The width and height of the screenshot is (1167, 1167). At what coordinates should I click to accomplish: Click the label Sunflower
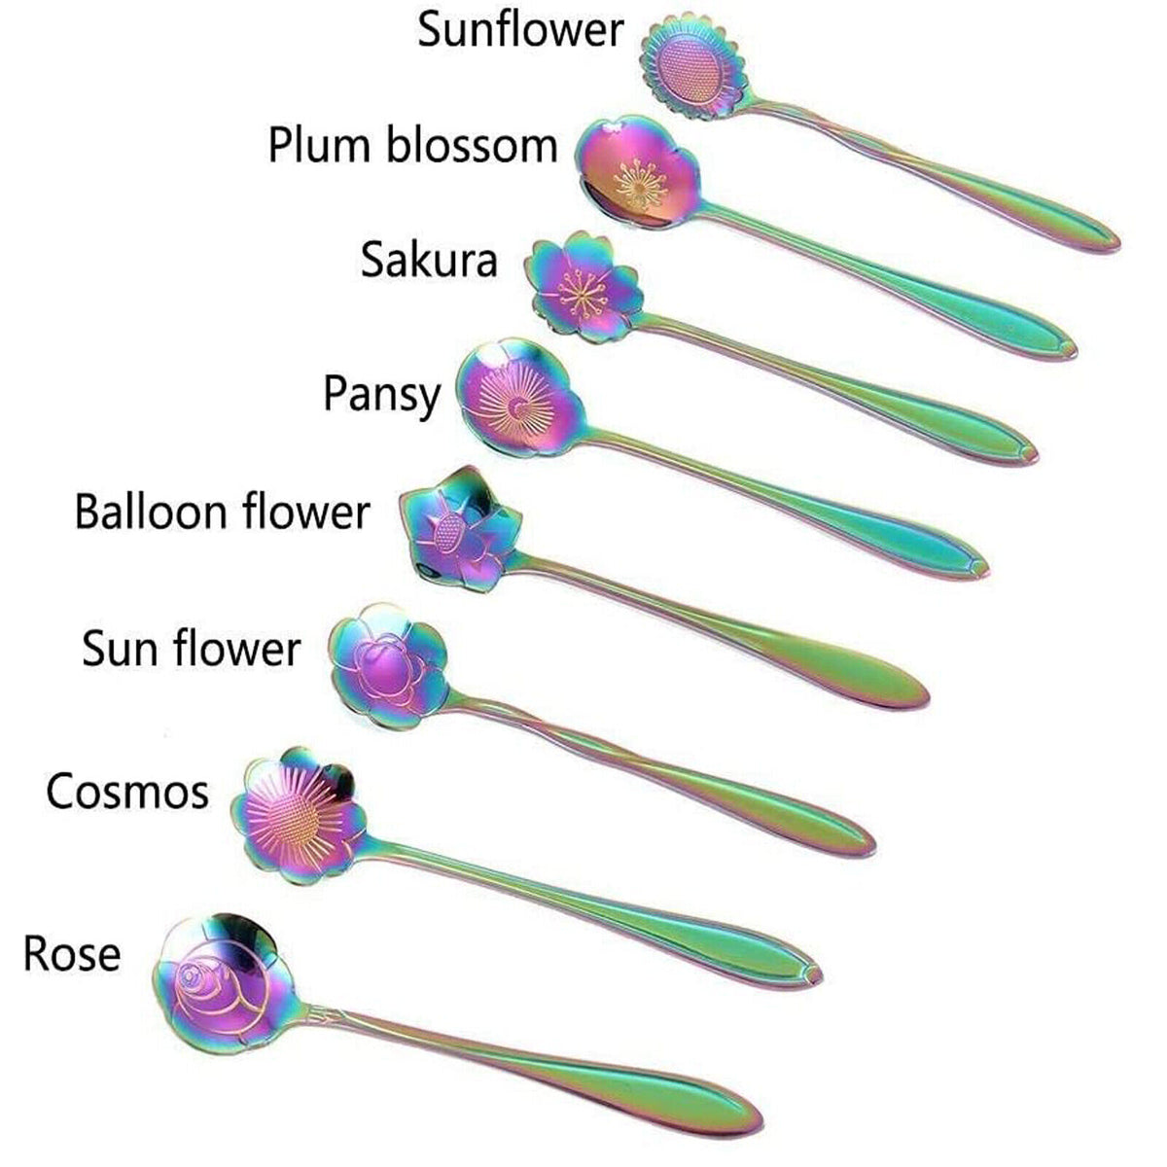pos(519,30)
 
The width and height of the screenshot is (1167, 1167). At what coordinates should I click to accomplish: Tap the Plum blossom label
pos(412,146)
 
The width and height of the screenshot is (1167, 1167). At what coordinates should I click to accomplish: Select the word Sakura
pos(428,260)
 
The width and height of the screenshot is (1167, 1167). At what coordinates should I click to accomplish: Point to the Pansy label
pos(381,396)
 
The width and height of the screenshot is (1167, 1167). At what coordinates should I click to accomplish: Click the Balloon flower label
pos(222,512)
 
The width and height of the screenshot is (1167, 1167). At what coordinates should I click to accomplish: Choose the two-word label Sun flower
pos(191,649)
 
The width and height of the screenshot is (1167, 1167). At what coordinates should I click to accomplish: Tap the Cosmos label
pos(127,792)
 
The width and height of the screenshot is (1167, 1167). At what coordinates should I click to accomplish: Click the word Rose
pos(72,954)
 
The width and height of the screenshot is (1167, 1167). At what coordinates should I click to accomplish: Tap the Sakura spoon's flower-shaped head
pos(582,288)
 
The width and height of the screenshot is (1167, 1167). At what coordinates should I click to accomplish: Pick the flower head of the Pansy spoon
pos(518,402)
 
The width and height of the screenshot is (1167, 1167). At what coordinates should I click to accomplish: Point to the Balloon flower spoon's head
pos(459,528)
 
